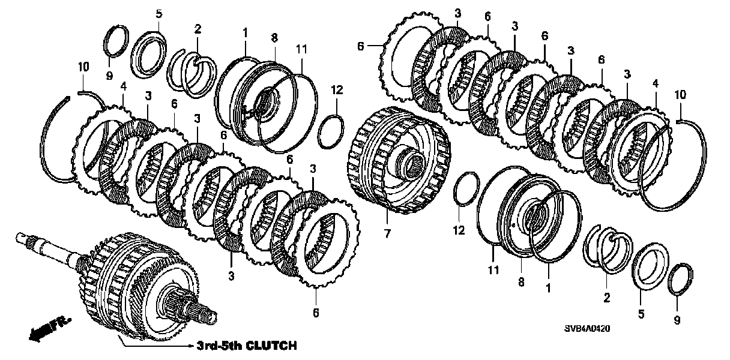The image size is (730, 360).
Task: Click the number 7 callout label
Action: (388, 232)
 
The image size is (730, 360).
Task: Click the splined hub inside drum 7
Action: (414, 162)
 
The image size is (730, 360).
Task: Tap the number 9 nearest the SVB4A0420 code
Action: (677, 320)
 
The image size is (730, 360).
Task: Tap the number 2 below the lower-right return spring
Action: (606, 297)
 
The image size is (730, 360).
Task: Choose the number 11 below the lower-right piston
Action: (493, 271)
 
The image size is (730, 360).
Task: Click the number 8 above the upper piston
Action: (274, 37)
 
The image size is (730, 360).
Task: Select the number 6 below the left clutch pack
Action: (316, 312)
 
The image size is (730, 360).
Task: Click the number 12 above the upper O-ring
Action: (336, 90)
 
